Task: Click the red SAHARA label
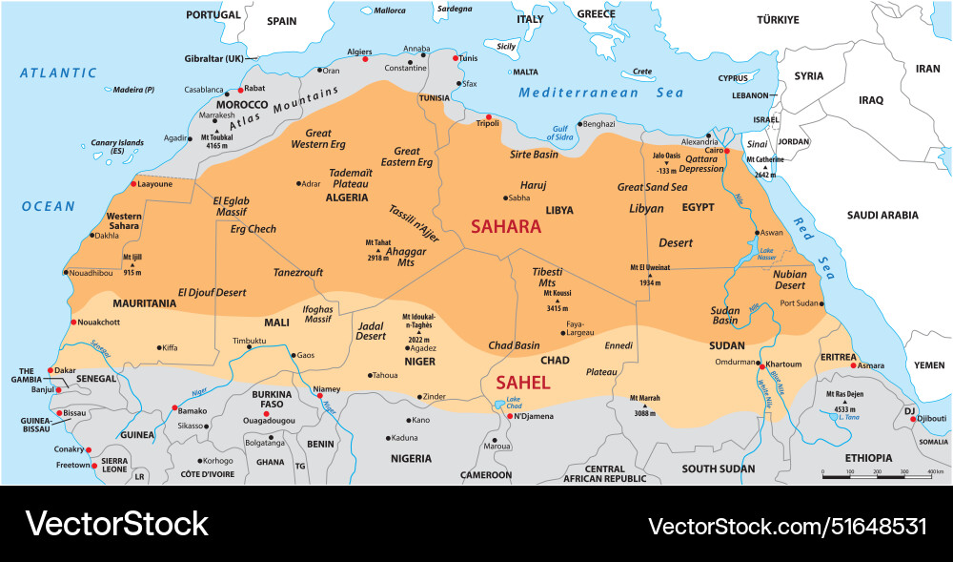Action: [506, 227]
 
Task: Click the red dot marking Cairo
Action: [726, 151]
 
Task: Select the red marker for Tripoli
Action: [489, 117]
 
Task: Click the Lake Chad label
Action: [514, 402]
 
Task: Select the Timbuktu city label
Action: [249, 341]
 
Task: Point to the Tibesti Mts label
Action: [547, 278]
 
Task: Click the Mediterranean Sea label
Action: [601, 93]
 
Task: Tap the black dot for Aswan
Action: [758, 233]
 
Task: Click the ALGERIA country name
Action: [347, 198]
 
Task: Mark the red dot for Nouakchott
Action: [73, 322]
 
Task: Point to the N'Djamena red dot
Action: [511, 416]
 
